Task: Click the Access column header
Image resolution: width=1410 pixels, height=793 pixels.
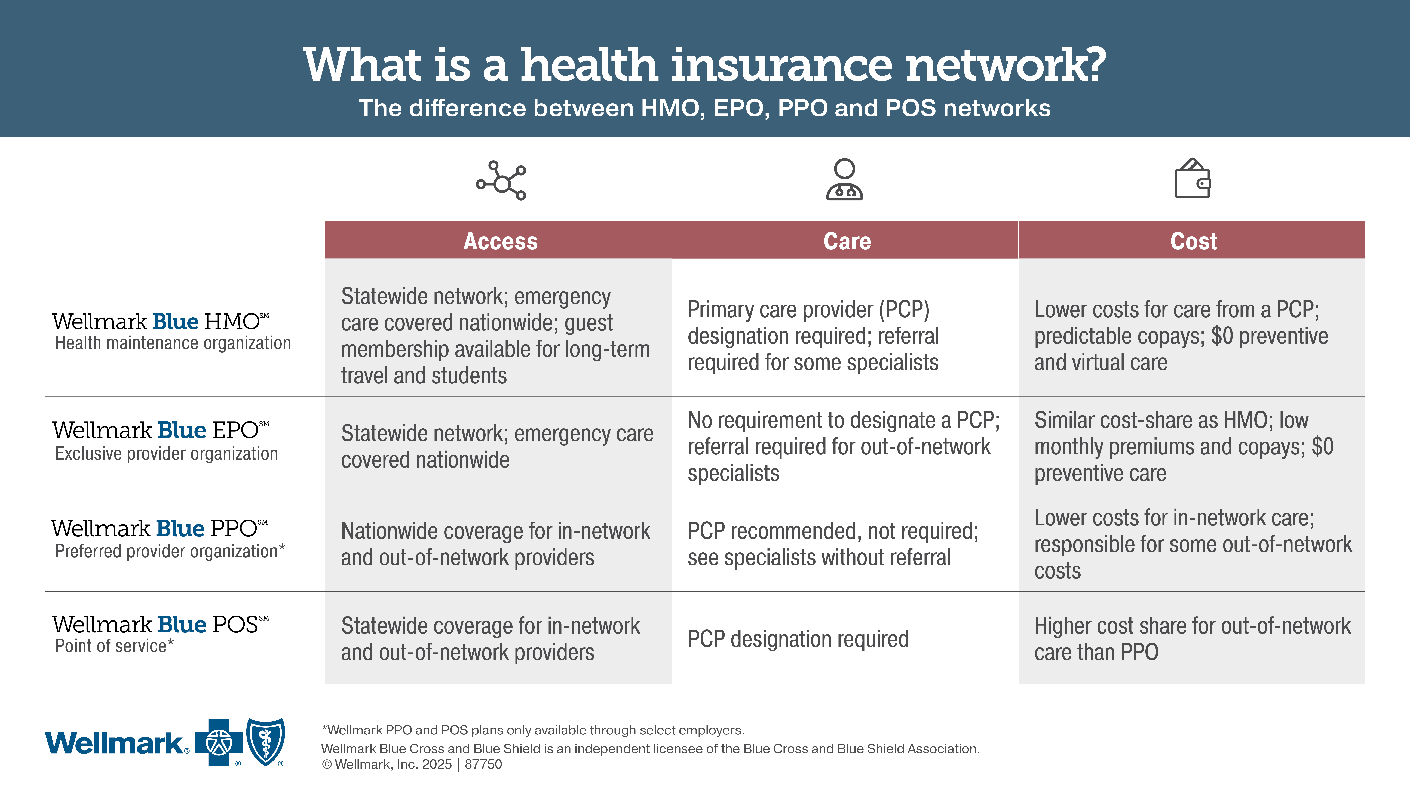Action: [x=500, y=241]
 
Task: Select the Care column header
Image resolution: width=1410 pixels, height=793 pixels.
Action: [x=847, y=241]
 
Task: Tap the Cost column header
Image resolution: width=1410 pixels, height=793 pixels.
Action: [x=1193, y=241]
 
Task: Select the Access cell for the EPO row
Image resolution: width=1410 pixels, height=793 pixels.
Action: [x=497, y=446]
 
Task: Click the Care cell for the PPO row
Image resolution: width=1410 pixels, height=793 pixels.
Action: [x=833, y=544]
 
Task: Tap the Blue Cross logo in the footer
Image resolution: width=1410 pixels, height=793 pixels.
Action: [x=219, y=743]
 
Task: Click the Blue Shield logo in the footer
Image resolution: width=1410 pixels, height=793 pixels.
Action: [x=266, y=742]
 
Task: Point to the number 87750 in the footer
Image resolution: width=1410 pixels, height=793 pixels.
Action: [x=483, y=764]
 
